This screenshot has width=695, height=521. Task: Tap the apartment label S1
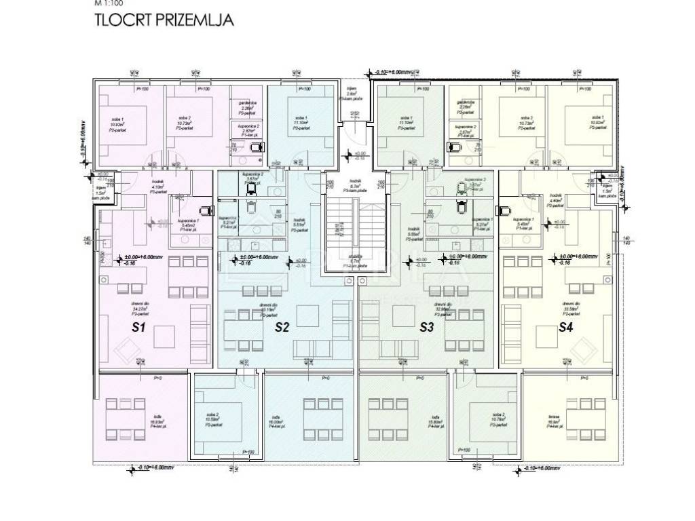click(x=138, y=328)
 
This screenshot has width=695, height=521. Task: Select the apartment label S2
click(x=282, y=328)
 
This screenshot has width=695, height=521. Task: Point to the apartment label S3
click(x=426, y=328)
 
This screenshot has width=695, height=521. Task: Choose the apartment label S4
click(x=565, y=328)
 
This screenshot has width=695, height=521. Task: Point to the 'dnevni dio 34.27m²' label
click(x=142, y=309)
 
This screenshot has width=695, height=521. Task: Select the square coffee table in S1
click(x=162, y=335)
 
